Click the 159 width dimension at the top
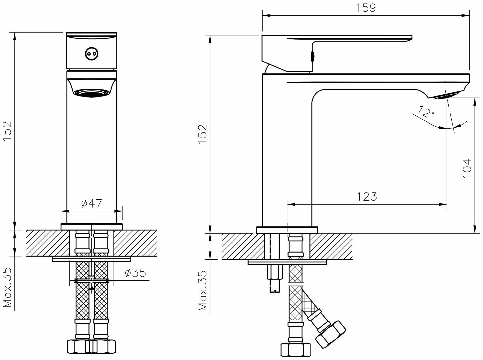click(x=366, y=8)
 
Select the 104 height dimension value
click(x=467, y=168)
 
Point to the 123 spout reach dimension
click(x=366, y=196)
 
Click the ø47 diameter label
click(x=92, y=203)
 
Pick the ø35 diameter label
click(x=135, y=273)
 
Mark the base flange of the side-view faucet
click(x=287, y=230)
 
